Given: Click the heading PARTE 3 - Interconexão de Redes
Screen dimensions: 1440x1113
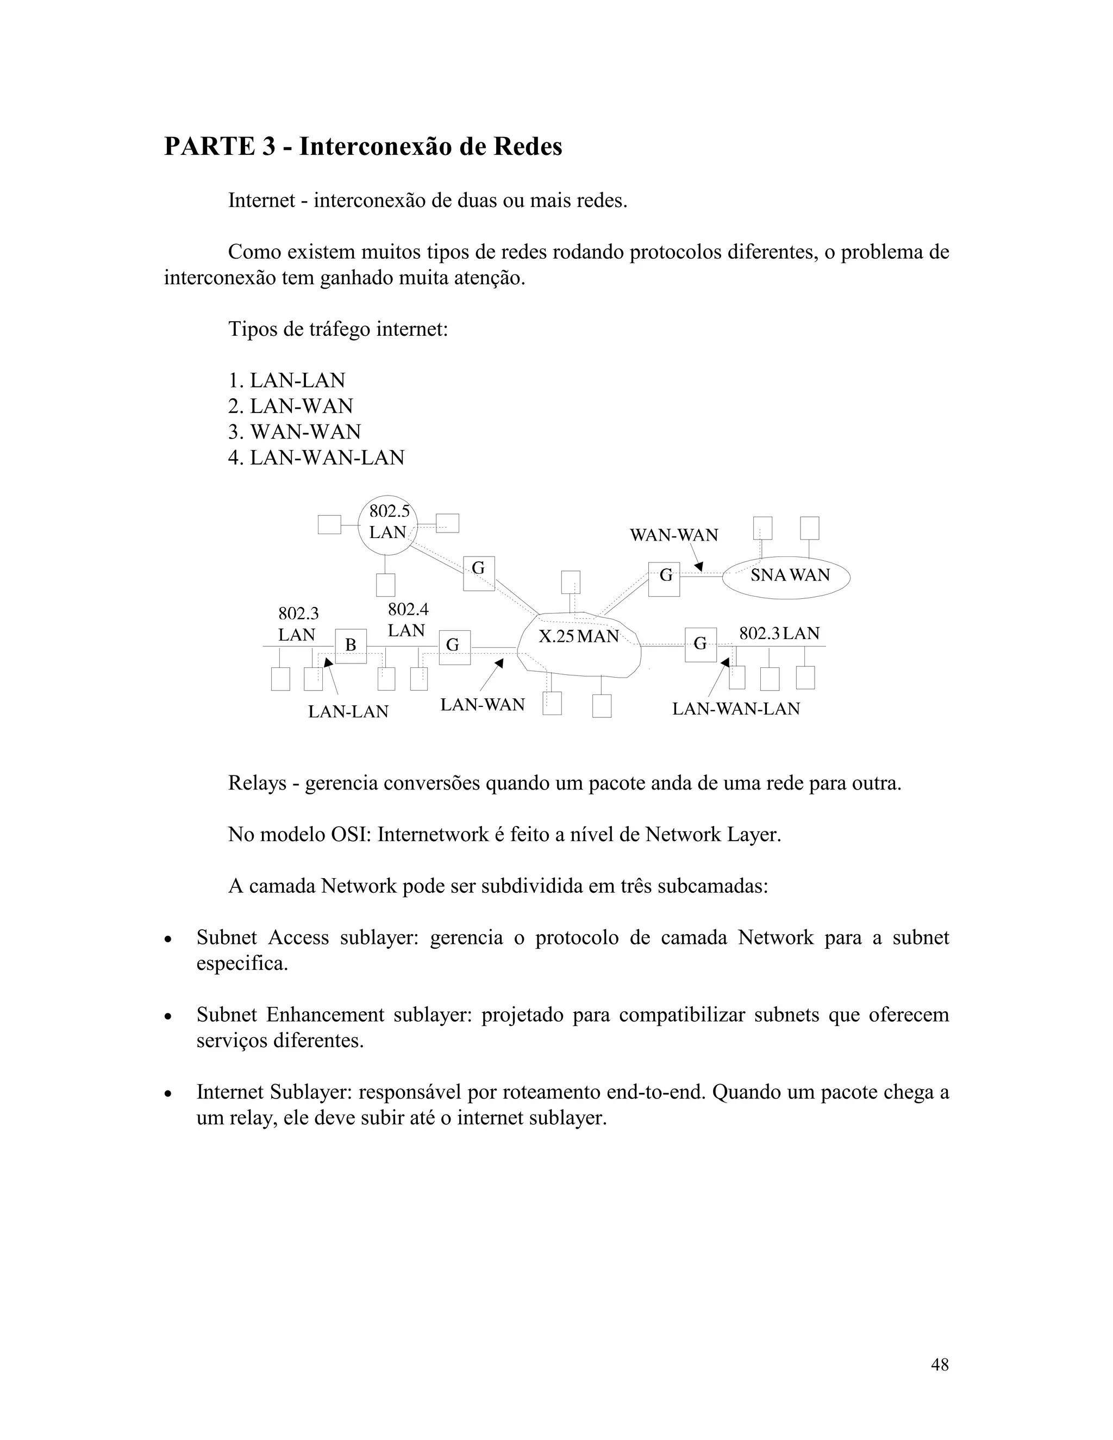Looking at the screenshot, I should click(362, 146).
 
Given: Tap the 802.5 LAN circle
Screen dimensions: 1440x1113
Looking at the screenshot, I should click(389, 525).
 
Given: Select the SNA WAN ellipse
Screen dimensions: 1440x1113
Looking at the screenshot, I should click(786, 575).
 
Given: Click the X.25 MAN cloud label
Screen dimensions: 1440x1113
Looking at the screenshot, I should click(579, 636).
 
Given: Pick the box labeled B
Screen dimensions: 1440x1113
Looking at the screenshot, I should click(351, 646).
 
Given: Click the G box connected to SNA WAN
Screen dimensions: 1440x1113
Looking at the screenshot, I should click(664, 579).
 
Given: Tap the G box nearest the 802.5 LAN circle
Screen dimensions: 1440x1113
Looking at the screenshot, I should click(479, 573).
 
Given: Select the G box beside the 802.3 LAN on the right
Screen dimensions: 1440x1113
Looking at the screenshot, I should click(700, 644).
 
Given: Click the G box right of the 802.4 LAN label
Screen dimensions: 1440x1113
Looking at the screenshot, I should click(454, 647).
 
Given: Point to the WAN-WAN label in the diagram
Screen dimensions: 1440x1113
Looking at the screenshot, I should click(674, 535).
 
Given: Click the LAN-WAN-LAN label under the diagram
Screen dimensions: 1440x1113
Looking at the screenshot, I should click(736, 709).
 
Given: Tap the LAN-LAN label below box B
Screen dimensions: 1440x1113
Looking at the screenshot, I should click(348, 711).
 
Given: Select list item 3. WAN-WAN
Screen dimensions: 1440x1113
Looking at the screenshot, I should click(294, 432).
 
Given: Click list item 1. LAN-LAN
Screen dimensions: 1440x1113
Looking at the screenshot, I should click(286, 380).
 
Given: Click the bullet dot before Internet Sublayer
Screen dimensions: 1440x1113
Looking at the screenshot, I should click(169, 1094).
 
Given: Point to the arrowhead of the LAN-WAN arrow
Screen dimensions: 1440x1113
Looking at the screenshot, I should click(500, 662).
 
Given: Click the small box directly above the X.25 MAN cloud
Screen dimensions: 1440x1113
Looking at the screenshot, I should click(570, 582).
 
